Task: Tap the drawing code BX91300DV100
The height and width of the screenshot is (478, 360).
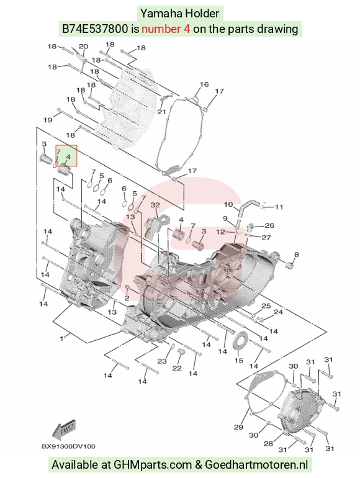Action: coord(68,446)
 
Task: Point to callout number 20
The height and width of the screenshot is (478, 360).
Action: coord(83,47)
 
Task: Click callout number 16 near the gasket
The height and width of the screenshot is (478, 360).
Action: coord(204,84)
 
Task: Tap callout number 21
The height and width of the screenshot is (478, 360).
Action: coord(161,112)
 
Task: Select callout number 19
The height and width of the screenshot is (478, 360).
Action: coord(48,120)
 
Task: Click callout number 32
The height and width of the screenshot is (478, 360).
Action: coord(155,205)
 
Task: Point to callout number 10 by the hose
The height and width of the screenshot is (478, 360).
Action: coord(228,204)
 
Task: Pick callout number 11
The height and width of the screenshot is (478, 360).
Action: coord(279,207)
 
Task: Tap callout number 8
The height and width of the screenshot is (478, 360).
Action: coord(296,255)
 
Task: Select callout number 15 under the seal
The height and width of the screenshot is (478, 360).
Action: coord(239,361)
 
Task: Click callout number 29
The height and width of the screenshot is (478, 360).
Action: coord(238,427)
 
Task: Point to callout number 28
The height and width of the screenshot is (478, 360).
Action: coord(268,443)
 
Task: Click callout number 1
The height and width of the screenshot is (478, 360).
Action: coord(61,338)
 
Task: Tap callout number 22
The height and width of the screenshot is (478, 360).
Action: coord(177,368)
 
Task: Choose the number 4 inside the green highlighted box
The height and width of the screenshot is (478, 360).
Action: coord(68,157)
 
